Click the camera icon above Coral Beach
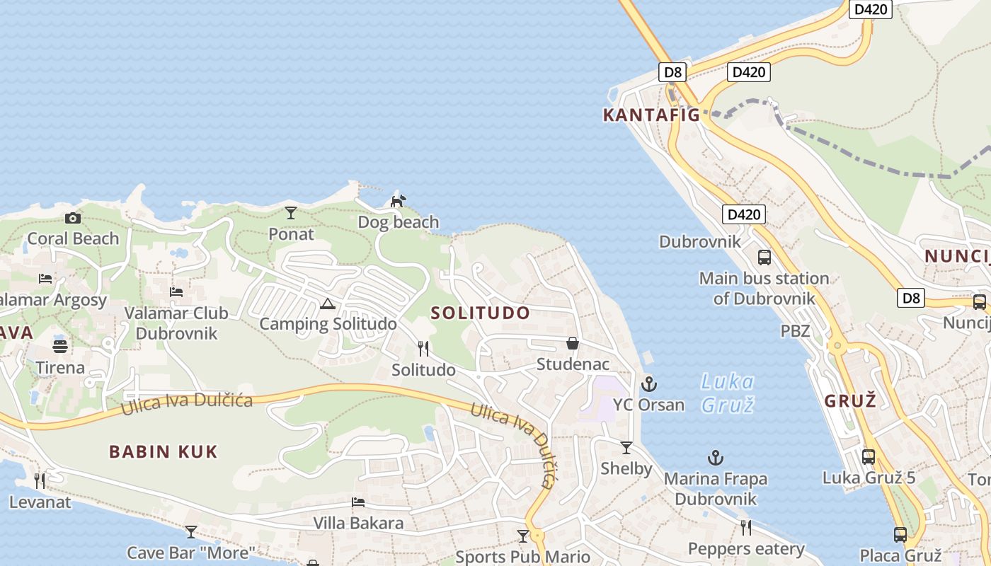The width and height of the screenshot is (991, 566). click(x=72, y=218)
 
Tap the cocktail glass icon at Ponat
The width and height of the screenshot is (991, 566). click(x=290, y=212)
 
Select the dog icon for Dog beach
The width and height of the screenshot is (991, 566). click(x=399, y=201)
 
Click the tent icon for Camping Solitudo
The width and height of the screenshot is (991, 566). click(x=327, y=304)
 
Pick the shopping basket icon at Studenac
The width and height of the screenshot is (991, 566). click(x=573, y=343)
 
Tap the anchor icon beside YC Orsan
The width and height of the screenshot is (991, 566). click(x=648, y=384)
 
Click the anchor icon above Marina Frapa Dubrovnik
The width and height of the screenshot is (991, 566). click(x=716, y=458)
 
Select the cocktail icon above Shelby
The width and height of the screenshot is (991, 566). click(x=626, y=447)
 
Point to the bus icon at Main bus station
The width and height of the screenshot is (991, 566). click(x=764, y=257)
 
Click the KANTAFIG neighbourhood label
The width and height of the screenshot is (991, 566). click(x=651, y=115)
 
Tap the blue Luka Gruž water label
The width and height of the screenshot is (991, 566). click(x=727, y=393)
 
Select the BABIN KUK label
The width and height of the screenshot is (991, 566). click(x=164, y=452)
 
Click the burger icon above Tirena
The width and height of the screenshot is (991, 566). click(x=60, y=347)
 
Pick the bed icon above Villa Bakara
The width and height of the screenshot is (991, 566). click(x=358, y=502)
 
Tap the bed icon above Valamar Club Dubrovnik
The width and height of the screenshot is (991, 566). click(x=176, y=291)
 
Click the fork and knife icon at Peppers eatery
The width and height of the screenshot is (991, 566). click(x=746, y=527)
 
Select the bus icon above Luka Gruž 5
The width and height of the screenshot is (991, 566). click(x=869, y=456)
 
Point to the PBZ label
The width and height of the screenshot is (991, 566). click(x=795, y=330)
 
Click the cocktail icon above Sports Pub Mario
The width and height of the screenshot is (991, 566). click(x=523, y=536)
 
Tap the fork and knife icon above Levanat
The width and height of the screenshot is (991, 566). click(x=40, y=481)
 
